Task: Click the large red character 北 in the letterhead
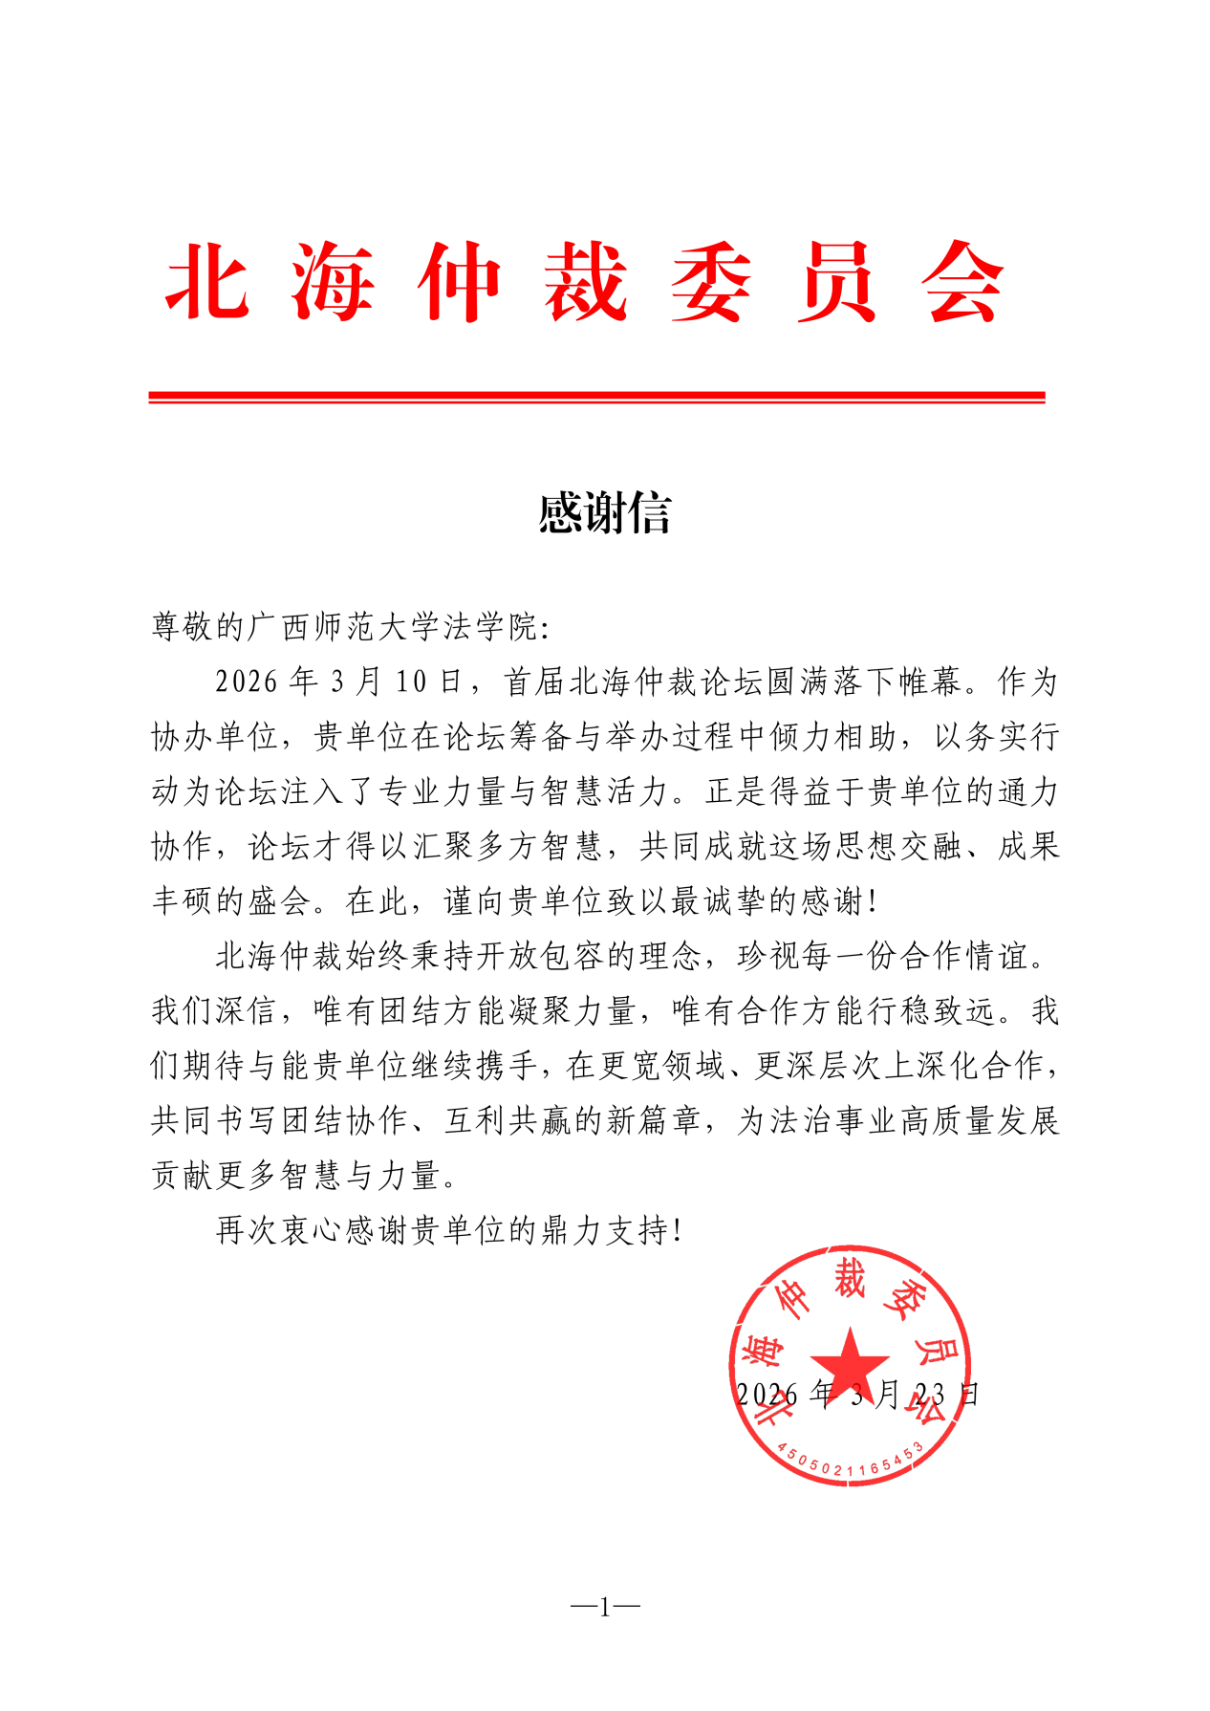coord(208,282)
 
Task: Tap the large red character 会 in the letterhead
coord(962,282)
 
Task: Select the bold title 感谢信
coord(604,513)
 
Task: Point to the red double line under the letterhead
coord(596,397)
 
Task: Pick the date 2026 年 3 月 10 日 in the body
coord(338,682)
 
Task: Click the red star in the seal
coord(849,1361)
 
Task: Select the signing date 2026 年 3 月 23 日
coord(857,1395)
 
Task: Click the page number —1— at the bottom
coord(604,1607)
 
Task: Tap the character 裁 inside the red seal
coord(849,1279)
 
